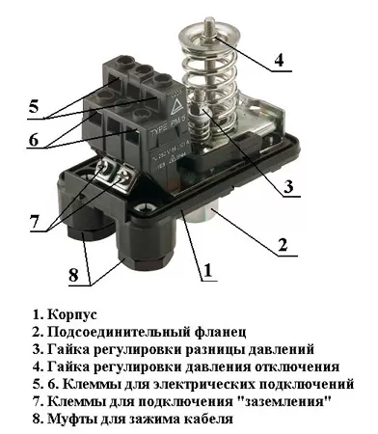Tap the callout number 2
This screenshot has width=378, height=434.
coord(283,245)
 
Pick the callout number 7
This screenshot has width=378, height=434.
coord(35,220)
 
